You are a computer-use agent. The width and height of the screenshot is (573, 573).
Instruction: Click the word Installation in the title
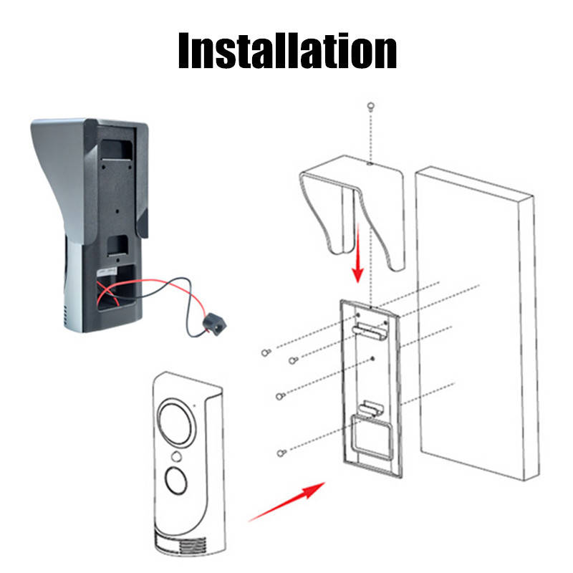pos(287,50)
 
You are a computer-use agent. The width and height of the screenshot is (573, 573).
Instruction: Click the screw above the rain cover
pos(370,106)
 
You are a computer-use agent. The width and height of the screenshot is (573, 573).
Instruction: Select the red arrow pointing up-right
pos(286,502)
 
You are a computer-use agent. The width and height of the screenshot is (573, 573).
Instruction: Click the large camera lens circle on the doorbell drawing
pos(176,423)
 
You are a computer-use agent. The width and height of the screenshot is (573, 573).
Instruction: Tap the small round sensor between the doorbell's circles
pos(176,456)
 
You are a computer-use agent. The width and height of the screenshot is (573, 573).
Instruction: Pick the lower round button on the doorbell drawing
pos(176,480)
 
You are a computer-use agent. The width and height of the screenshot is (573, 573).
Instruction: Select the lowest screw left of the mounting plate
pos(281,453)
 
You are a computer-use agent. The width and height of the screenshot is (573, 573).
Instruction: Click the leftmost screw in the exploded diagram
pos(266,352)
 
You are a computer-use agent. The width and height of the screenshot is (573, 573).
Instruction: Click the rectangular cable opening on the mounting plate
pos(371,437)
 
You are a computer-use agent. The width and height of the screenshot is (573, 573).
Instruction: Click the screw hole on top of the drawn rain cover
pos(370,163)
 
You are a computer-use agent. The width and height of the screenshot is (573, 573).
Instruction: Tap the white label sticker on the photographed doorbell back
pos(106,272)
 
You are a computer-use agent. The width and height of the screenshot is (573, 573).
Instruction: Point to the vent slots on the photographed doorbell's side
pos(66,317)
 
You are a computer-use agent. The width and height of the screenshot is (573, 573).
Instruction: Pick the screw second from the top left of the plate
pos(293,361)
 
